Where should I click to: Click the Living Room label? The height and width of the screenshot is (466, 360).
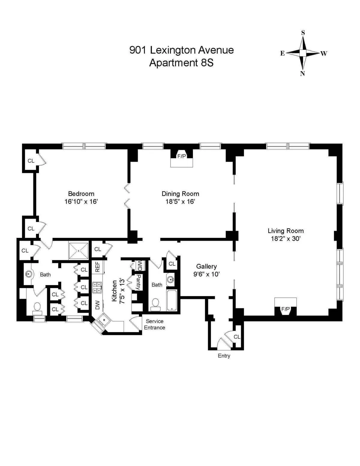pyautogui.click(x=285, y=231)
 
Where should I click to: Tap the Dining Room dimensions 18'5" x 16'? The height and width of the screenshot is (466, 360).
pyautogui.click(x=180, y=202)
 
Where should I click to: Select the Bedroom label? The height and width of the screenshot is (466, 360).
pyautogui.click(x=81, y=194)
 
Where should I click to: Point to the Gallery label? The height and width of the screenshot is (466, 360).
pyautogui.click(x=206, y=266)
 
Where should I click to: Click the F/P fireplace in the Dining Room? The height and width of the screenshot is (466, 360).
pyautogui.click(x=181, y=156)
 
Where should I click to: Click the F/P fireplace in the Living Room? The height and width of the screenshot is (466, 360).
pyautogui.click(x=285, y=309)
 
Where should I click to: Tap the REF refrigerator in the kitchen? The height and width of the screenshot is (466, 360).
pyautogui.click(x=97, y=267)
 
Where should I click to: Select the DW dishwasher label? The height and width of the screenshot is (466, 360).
pyautogui.click(x=97, y=305)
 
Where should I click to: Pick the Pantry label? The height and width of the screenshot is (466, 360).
pyautogui.click(x=138, y=282)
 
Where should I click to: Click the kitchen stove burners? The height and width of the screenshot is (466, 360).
pyautogui.click(x=97, y=287)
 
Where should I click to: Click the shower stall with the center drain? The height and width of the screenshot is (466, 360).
pyautogui.click(x=79, y=251)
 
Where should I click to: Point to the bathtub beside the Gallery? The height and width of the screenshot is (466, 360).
pyautogui.click(x=172, y=300)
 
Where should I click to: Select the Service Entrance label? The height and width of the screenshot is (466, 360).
pyautogui.click(x=154, y=324)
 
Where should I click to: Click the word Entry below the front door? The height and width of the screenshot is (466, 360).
pyautogui.click(x=224, y=356)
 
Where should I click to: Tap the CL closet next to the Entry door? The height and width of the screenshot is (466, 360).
pyautogui.click(x=237, y=337)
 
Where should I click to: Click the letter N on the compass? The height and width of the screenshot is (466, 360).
pyautogui.click(x=302, y=74)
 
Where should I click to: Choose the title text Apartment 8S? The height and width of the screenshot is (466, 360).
pyautogui.click(x=181, y=63)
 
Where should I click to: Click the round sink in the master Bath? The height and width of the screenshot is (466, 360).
pyautogui.click(x=29, y=274)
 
